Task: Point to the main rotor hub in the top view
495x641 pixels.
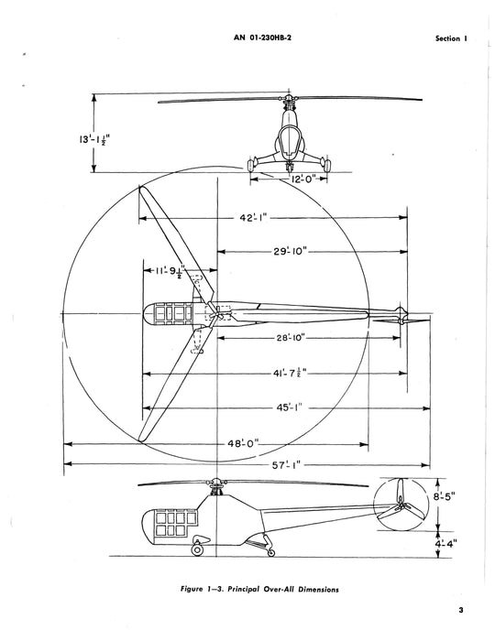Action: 213,316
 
